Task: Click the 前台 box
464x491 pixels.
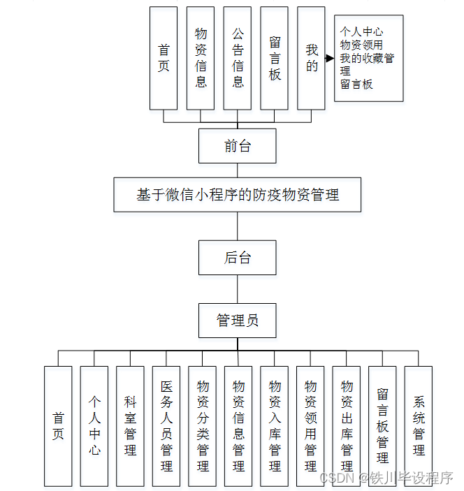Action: coord(237,146)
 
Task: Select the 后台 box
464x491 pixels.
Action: coord(237,258)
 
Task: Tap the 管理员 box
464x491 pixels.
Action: coord(237,321)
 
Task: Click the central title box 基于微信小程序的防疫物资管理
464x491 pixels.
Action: coord(238,194)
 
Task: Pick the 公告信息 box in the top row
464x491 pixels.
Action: coord(238,58)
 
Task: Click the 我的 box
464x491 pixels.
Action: coord(311,58)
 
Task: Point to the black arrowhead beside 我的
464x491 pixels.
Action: coord(330,59)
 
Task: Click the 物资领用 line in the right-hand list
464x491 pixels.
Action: coord(361,45)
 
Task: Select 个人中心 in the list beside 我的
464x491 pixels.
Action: coord(361,32)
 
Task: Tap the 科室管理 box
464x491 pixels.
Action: coord(130,426)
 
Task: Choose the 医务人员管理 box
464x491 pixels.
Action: coord(166,426)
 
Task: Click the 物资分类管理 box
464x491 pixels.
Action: coord(203,426)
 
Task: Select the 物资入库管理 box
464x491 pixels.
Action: coord(275,426)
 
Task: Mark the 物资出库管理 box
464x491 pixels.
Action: coord(347,426)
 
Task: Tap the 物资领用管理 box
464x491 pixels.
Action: coord(311,426)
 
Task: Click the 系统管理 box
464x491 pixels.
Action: coord(419,426)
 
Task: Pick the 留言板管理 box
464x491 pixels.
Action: coord(382,426)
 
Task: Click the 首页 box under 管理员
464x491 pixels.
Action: coord(58,426)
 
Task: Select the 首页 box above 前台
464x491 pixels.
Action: coord(164,58)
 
